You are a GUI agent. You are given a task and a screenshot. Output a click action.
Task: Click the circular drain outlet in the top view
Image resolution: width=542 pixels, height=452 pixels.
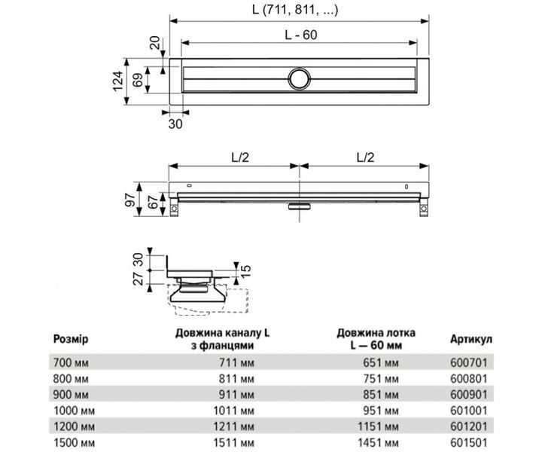coord(300,79)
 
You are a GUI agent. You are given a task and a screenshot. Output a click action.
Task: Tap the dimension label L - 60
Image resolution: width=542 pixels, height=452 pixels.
coord(300,35)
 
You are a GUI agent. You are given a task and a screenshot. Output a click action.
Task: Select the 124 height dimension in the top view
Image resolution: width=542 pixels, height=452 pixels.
coord(118,81)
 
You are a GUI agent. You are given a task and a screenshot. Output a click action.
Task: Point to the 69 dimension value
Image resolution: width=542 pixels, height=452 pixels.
coord(138,81)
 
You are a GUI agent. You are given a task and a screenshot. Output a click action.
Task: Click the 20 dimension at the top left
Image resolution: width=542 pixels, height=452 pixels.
coord(155,43)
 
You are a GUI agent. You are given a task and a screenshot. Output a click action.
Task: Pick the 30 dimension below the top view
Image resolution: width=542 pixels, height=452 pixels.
coord(175,124)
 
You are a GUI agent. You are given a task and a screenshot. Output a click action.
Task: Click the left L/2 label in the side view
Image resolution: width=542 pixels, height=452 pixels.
coord(240,157)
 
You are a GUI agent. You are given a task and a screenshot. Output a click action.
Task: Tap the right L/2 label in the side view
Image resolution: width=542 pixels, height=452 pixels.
coord(365,157)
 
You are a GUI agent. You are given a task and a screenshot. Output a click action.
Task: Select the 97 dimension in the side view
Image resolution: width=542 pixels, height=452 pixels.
coord(130,200)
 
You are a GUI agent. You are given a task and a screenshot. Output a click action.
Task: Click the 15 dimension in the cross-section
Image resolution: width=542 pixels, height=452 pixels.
coord(245,270)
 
